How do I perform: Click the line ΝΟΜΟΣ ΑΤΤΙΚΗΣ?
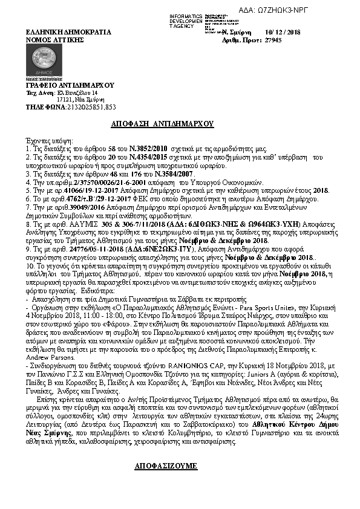pos(53,39)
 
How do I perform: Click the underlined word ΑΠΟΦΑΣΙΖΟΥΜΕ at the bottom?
pos(165,467)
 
